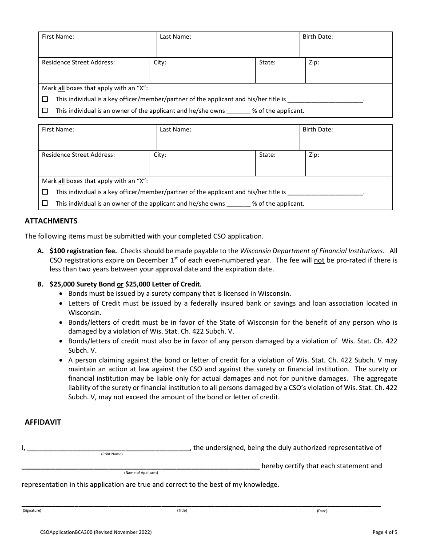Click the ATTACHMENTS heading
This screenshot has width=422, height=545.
(51, 221)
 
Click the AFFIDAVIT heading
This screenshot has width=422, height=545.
(43, 422)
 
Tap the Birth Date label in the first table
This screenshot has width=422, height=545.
(318, 37)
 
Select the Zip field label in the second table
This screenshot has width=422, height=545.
(314, 155)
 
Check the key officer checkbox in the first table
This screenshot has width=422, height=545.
(45, 99)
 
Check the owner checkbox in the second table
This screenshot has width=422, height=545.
(45, 203)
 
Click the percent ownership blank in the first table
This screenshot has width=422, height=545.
(239, 111)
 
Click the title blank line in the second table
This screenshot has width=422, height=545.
(325, 192)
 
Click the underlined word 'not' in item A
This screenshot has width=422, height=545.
(319, 260)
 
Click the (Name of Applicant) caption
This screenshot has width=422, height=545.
(141, 473)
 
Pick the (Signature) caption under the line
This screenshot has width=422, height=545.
(32, 510)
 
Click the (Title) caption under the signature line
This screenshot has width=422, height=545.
(182, 510)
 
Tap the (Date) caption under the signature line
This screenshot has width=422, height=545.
(322, 511)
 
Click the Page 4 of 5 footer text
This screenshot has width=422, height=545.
(385, 532)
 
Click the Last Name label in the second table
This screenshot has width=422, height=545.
(175, 130)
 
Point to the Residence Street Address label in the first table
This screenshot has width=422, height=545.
(78, 63)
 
